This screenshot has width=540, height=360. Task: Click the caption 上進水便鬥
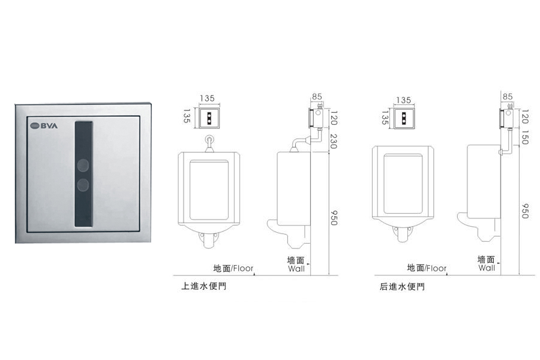[x=203, y=287]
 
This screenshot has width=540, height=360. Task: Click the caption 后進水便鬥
[x=401, y=287]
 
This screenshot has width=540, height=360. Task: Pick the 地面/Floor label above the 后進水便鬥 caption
[x=427, y=268]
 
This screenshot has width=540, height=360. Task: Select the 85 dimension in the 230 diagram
[x=317, y=96]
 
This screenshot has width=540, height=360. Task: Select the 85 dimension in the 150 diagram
[x=508, y=96]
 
